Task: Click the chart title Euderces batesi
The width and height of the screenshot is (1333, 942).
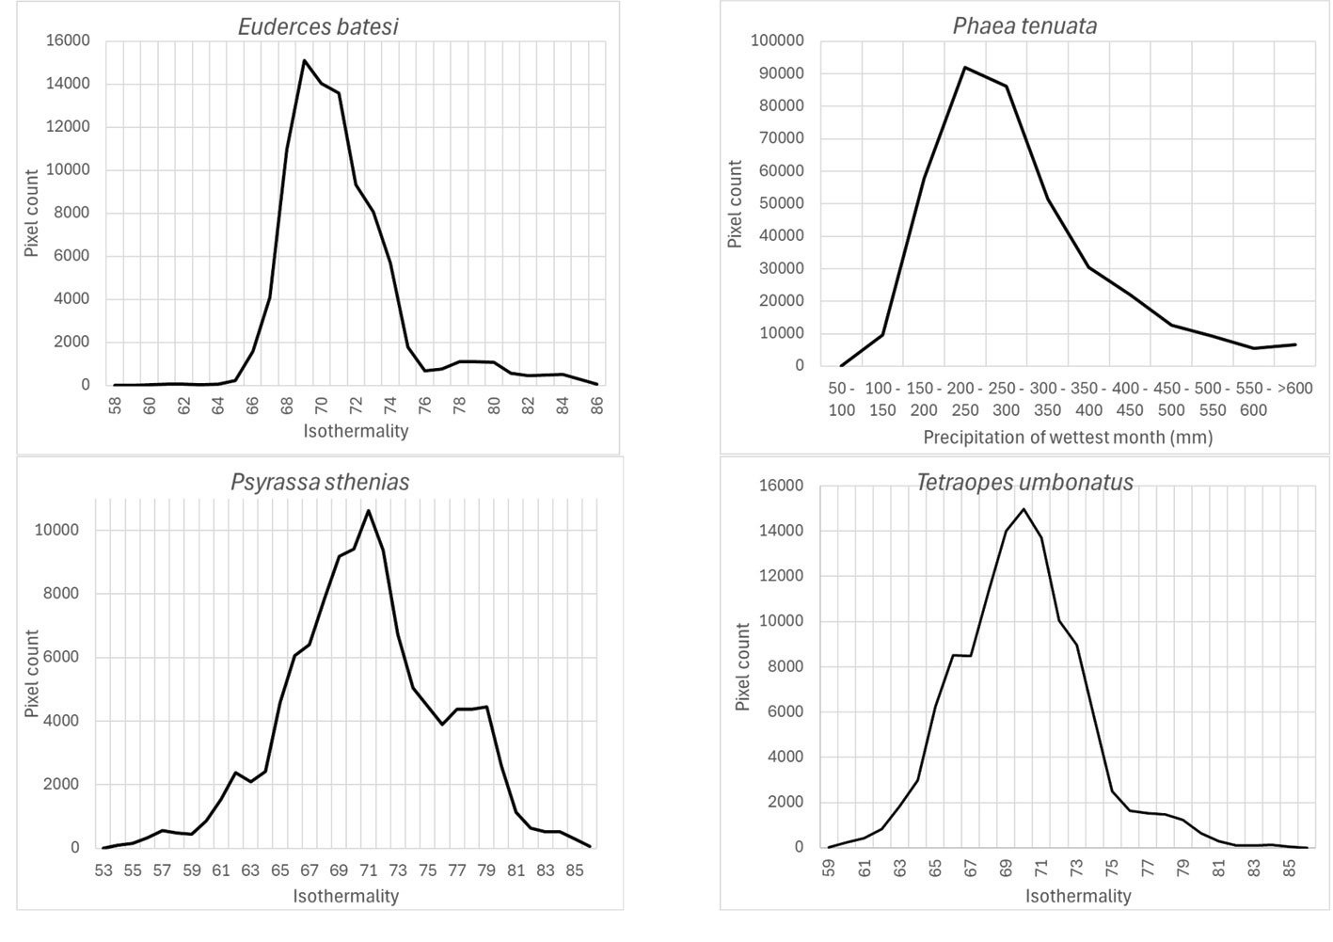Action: (x=318, y=26)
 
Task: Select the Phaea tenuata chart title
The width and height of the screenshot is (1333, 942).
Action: (x=1024, y=25)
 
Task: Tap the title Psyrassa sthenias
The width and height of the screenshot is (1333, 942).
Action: (x=320, y=483)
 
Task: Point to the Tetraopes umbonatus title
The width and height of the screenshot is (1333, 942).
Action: (x=1024, y=483)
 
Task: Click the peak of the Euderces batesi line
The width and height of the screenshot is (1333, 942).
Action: (x=305, y=61)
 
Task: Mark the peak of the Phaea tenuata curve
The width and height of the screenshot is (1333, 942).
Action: (x=965, y=68)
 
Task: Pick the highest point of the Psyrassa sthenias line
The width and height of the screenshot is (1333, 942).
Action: (x=368, y=511)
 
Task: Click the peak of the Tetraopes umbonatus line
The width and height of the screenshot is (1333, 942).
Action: (x=1024, y=509)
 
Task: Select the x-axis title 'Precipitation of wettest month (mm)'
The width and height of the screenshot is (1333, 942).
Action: (x=1068, y=438)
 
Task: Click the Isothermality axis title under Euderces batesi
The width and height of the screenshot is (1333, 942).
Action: (x=356, y=431)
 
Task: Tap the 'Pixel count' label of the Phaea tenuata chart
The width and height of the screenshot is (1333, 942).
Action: (x=735, y=204)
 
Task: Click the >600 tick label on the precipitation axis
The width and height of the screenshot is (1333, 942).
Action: (x=1294, y=389)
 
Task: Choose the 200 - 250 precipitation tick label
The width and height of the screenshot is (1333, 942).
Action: (x=965, y=399)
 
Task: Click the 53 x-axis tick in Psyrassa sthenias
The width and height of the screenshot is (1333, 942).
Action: (x=103, y=870)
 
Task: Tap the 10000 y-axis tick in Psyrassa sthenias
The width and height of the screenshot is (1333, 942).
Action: (x=57, y=530)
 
